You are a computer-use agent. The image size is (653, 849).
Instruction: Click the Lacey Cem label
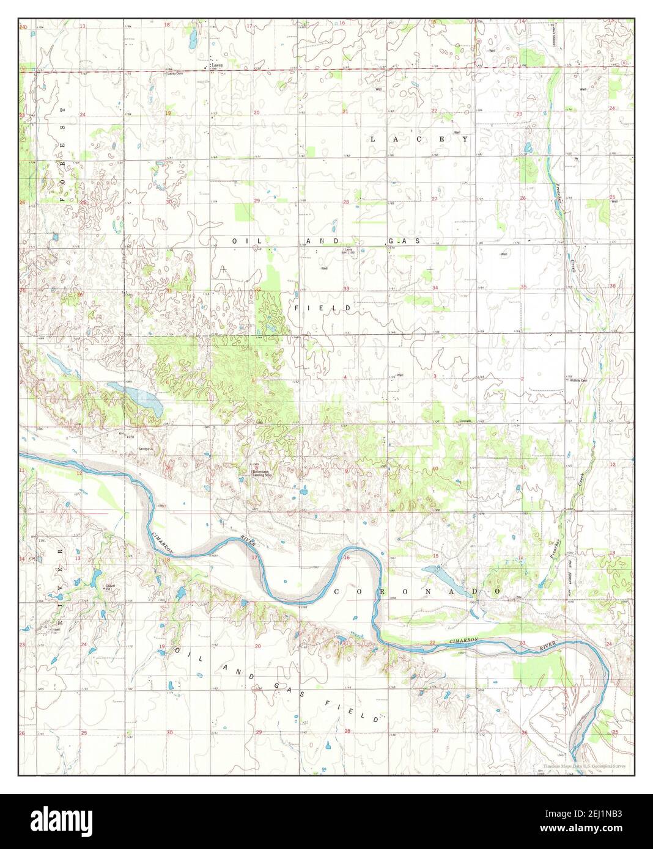click(175, 73)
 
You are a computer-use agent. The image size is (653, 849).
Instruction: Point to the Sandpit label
click(145, 448)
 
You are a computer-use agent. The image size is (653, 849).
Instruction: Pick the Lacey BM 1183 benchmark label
click(349, 250)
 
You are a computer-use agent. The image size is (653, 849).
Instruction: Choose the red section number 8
click(256, 466)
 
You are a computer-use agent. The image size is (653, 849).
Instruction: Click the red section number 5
click(253, 381)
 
